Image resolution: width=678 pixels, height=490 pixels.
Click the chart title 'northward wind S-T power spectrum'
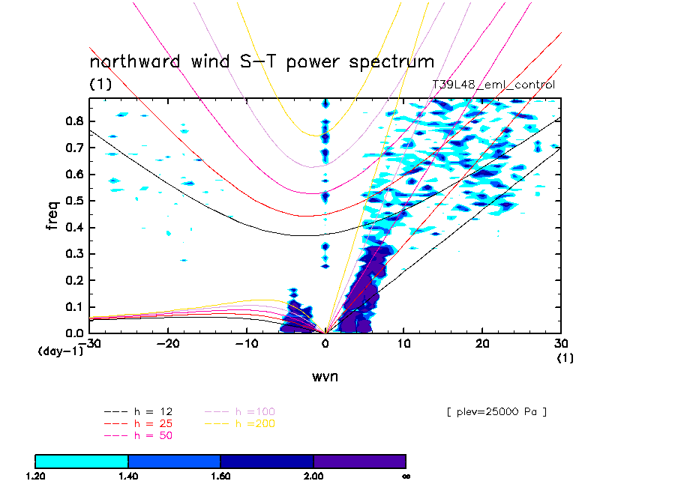coord(262,61)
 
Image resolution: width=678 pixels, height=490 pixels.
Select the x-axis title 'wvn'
coord(325,376)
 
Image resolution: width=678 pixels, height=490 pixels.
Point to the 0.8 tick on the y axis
coord(75,121)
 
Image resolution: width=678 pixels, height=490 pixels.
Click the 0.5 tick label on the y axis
coord(75,201)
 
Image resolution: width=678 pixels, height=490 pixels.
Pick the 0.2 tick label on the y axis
coord(75,280)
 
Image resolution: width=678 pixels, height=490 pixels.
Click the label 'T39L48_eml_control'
coord(493,85)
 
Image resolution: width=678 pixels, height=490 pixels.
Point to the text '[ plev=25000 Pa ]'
coord(496,411)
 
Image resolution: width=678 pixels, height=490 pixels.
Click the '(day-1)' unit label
coord(61,351)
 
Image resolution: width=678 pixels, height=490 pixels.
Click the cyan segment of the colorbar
coord(82,461)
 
